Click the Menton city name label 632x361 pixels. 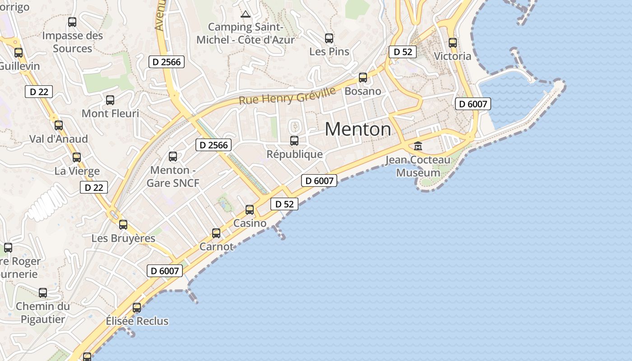tap(358, 130)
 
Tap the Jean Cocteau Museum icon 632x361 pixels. tap(418, 146)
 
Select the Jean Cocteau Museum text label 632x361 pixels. tap(418, 167)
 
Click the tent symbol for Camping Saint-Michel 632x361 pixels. tap(246, 14)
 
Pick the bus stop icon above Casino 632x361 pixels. tap(250, 210)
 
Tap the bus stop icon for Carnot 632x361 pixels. tap(216, 233)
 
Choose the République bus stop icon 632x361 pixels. tap(294, 141)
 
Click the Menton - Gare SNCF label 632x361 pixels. tap(173, 176)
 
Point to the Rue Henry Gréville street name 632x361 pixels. tap(287, 96)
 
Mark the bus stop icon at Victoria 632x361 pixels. tap(453, 43)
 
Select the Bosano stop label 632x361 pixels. tap(363, 91)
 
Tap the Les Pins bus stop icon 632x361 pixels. tap(329, 38)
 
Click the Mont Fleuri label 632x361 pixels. tap(110, 113)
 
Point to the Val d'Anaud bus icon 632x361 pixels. tap(59, 125)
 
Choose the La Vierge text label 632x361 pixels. tap(77, 171)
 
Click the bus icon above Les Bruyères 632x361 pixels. tap(123, 224)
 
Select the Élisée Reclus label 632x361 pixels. tap(137, 321)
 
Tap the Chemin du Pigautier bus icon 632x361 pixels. tap(43, 293)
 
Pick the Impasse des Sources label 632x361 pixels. tap(73, 42)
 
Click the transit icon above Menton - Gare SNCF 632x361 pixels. tap(173, 157)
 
